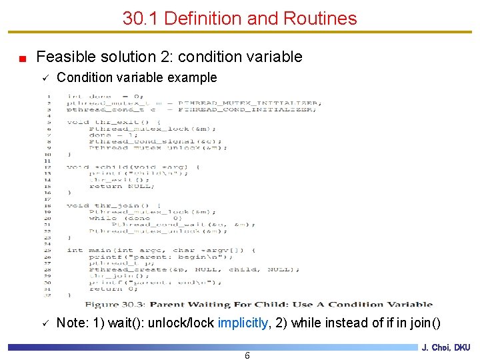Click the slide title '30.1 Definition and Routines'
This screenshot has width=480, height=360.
(239, 19)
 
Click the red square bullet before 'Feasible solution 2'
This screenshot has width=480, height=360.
(22, 58)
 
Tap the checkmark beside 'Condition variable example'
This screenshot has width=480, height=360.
(45, 79)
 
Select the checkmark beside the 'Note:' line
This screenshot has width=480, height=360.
(45, 324)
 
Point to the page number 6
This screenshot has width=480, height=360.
(247, 355)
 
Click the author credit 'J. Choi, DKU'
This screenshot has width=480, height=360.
(446, 347)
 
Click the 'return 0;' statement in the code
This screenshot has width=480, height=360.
(113, 289)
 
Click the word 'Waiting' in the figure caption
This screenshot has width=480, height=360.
(229, 305)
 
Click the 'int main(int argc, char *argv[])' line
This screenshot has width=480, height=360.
(160, 251)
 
